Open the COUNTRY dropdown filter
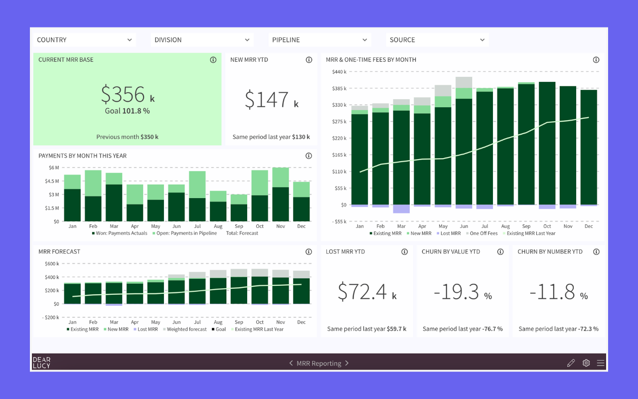(84, 40)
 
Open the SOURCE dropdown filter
(437, 40)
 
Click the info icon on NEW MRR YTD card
(309, 60)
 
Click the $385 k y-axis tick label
(339, 88)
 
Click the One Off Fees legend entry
(483, 233)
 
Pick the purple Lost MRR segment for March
(401, 209)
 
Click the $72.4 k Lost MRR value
(367, 292)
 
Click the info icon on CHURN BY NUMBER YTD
(596, 252)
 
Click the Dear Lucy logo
(41, 363)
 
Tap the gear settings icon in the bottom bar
(586, 363)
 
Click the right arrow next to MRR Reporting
(347, 363)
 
